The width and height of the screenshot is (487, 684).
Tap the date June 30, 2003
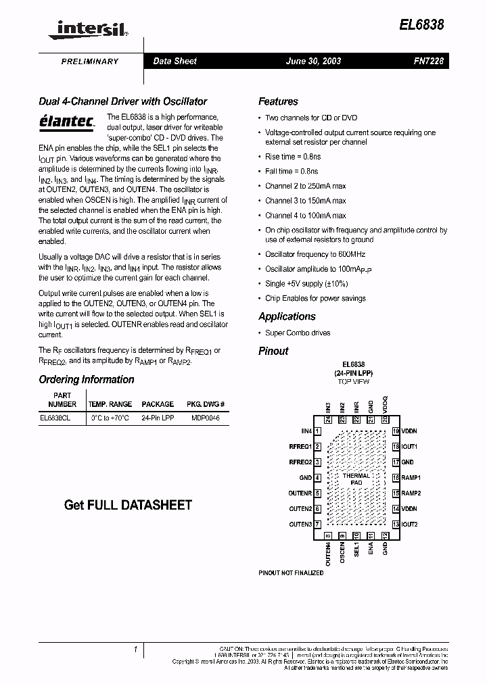313,61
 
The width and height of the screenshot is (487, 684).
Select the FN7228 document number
428,61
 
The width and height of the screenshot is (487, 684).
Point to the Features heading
278,101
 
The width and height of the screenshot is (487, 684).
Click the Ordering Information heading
86,379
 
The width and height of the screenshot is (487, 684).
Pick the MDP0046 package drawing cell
205,418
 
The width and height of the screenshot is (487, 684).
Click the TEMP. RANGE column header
111,404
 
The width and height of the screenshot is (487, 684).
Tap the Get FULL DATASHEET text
128,505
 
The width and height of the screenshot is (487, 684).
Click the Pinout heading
273,351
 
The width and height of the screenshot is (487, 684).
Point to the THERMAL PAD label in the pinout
356,479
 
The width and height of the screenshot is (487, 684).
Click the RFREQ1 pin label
300,447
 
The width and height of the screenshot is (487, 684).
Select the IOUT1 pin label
410,447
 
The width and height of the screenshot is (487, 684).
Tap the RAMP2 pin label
411,493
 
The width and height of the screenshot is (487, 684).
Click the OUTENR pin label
300,493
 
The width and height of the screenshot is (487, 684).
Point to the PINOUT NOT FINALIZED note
291,573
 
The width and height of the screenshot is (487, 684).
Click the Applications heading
287,316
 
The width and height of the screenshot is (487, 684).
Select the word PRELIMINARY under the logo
90,62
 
